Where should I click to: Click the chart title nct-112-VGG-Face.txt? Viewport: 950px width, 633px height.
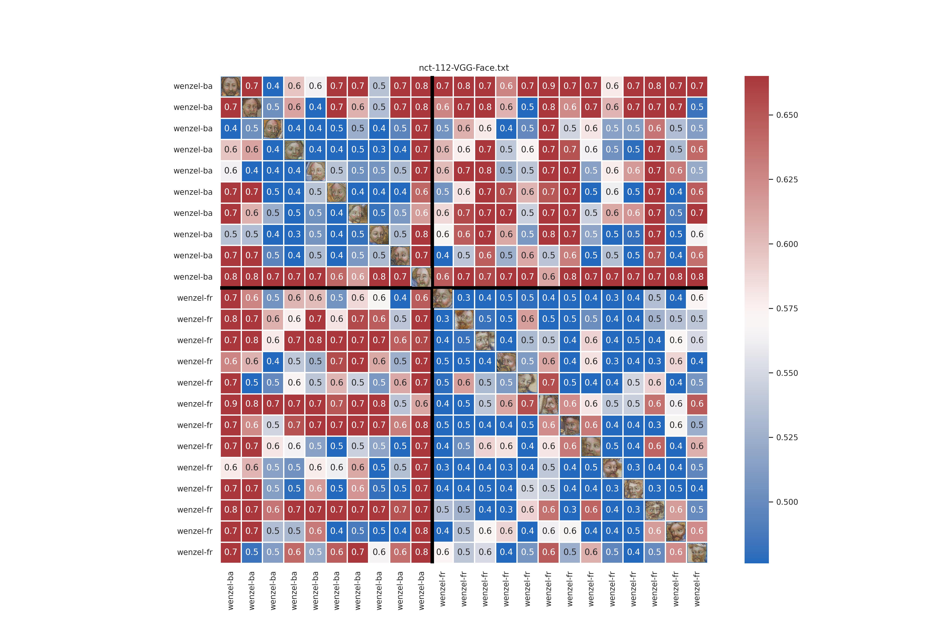click(x=464, y=68)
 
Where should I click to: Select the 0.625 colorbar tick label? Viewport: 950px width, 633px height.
click(x=787, y=180)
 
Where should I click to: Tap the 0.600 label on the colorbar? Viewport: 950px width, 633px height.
click(x=787, y=244)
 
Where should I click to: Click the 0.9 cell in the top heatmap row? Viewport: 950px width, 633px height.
click(x=548, y=86)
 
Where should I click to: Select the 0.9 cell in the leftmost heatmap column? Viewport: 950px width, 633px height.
click(x=231, y=404)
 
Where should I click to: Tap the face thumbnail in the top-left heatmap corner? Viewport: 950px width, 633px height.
click(x=231, y=86)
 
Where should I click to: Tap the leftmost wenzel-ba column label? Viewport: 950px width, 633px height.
click(x=231, y=590)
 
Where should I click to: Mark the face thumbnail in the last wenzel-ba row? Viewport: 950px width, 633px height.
click(x=421, y=277)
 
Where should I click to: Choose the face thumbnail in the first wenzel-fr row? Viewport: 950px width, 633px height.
click(x=443, y=298)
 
